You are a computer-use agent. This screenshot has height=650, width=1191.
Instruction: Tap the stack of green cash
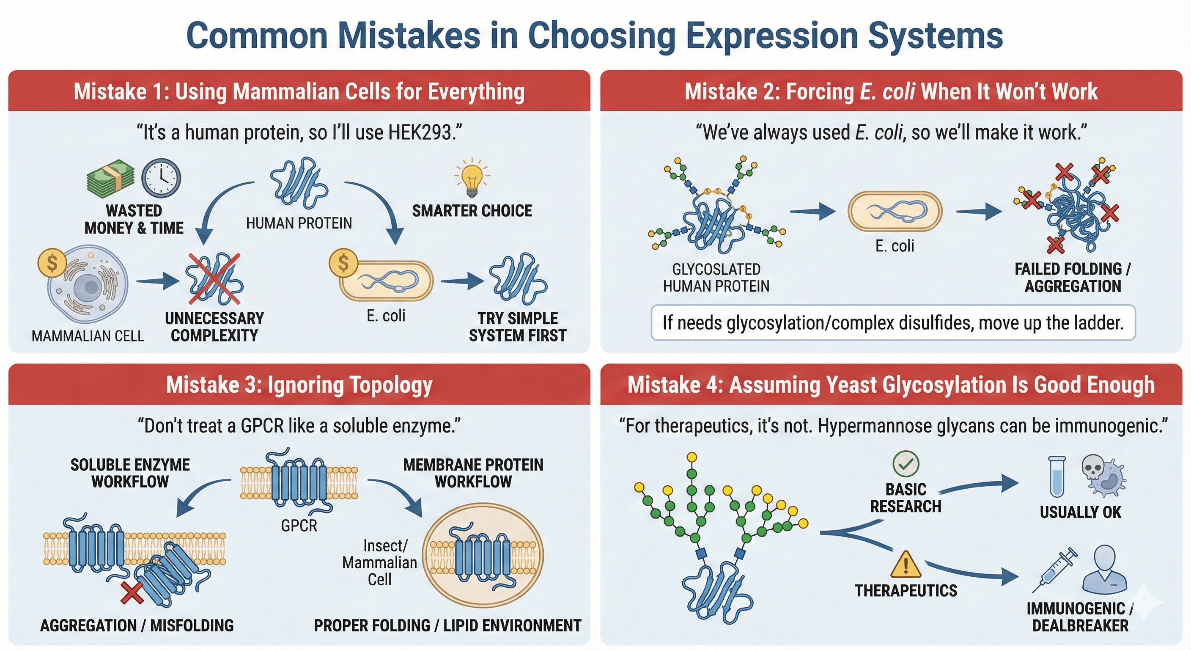click(x=110, y=178)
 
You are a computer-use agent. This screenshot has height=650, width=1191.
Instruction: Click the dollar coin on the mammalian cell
click(x=52, y=263)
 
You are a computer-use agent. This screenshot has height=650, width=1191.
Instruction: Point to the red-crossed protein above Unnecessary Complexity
click(x=214, y=278)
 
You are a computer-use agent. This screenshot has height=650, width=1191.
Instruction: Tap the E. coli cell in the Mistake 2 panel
click(x=895, y=212)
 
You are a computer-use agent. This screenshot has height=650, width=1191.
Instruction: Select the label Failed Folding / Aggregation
click(x=1073, y=278)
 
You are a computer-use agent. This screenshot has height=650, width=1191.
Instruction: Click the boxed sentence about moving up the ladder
click(x=893, y=322)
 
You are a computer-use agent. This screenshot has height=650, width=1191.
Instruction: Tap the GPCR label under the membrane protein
click(x=299, y=526)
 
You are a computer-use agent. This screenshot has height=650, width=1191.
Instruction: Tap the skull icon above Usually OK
click(x=1093, y=468)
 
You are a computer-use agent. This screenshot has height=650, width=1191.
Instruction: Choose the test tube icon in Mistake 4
click(x=1057, y=476)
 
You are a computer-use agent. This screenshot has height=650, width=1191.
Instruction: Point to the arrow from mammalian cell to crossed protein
click(x=158, y=281)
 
